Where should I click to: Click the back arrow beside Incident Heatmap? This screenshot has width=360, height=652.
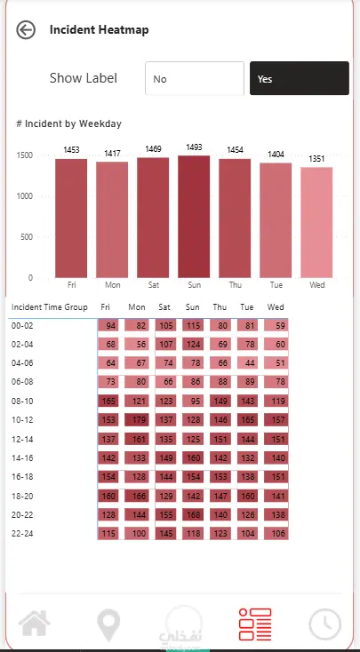26,30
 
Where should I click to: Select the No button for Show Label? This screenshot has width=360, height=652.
195,78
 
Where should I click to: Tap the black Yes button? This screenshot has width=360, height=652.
300,78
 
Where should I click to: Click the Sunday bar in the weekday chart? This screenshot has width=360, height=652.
194,217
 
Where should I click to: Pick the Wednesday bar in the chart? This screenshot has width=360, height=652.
316,222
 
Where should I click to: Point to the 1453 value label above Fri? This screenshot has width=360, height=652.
71,150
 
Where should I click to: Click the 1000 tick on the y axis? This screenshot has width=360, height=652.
25,196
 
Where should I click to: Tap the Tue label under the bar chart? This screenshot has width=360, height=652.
276,285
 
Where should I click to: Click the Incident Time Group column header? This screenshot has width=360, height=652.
50,307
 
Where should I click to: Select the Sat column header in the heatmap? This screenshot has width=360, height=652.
164,307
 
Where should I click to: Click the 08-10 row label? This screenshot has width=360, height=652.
22,402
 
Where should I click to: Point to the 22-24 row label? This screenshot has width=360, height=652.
22,534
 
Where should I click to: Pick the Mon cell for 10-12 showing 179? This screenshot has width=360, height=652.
137,420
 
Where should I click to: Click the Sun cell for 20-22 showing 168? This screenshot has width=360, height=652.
192,515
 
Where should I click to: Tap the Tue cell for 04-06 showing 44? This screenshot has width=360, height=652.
248,363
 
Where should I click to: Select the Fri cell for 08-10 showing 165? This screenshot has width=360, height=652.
108,402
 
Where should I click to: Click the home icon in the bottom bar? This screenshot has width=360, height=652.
35,624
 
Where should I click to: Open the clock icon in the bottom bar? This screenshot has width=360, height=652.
325,624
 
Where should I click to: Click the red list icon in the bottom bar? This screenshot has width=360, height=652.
255,624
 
